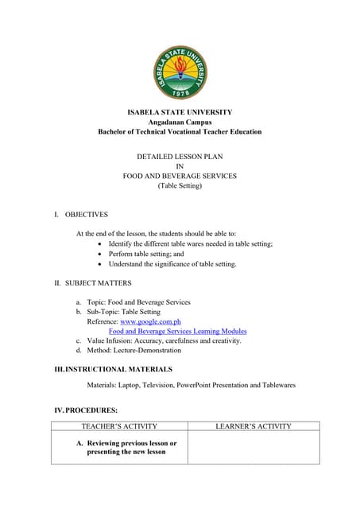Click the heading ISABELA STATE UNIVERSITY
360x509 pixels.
[x=180, y=112]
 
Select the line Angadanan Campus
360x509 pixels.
[x=180, y=122]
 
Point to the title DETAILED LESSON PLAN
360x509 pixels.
[x=180, y=157]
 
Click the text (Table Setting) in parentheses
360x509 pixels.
[x=180, y=185]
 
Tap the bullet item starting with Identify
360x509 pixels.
[x=191, y=243]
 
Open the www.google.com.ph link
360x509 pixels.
[x=150, y=322]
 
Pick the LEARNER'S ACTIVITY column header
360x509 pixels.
[x=254, y=426]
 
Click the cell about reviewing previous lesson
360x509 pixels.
[x=127, y=447]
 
